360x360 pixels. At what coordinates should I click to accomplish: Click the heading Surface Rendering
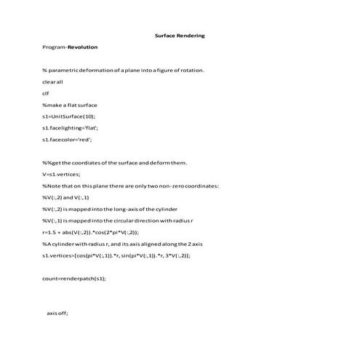pyautogui.click(x=180, y=35)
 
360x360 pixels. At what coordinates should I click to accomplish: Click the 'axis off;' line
pyautogui.click(x=57, y=313)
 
